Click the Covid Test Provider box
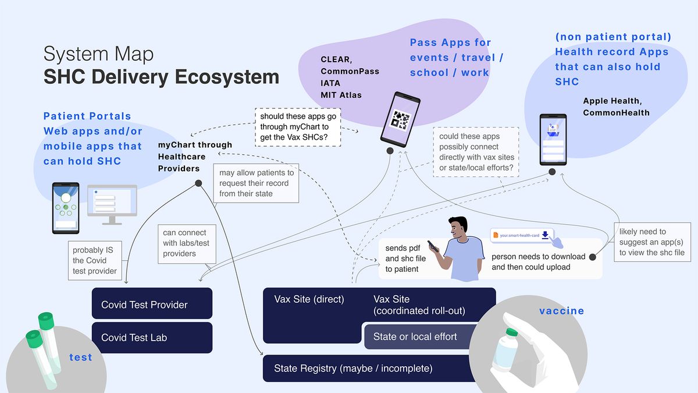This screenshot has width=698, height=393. (152, 304)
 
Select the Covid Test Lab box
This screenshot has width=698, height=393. (152, 337)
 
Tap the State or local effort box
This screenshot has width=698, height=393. (416, 337)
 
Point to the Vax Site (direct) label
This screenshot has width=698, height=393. (309, 299)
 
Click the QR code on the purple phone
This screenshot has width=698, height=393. (400, 120)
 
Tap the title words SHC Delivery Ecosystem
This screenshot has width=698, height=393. (161, 77)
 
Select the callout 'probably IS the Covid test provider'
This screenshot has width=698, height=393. (95, 260)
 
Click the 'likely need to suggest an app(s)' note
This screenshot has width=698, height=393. (651, 242)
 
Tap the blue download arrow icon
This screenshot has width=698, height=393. (545, 235)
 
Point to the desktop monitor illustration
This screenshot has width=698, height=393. (112, 201)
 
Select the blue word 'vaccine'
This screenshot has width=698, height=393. (561, 311)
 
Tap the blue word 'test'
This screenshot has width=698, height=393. (80, 357)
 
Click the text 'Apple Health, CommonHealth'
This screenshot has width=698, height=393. (616, 107)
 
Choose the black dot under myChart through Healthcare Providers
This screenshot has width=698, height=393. (198, 183)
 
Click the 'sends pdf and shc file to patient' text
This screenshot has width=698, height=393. (405, 259)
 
